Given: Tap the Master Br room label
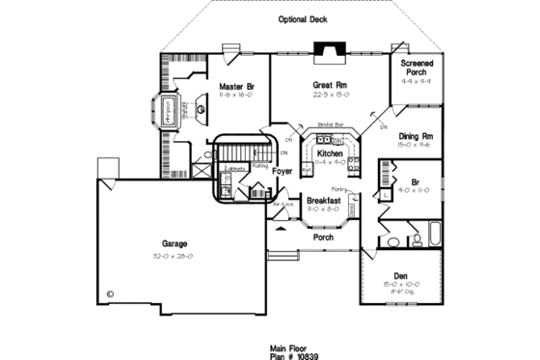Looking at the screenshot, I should click(x=235, y=86).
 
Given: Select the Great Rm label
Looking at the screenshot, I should click(x=330, y=85).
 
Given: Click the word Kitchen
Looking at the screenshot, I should click(x=331, y=153).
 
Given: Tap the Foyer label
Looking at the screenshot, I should click(x=282, y=171).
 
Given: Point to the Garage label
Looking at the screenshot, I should click(x=175, y=244).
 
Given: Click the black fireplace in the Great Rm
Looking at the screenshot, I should click(x=330, y=52).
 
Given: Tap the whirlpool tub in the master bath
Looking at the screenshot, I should click(x=165, y=110).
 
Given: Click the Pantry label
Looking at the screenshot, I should click(x=338, y=190).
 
